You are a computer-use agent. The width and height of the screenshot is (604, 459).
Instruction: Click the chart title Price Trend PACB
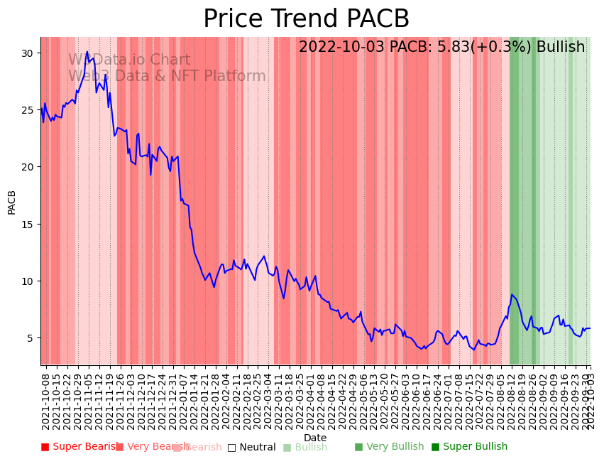coord(306,19)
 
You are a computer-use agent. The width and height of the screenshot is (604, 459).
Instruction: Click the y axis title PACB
coord(12,202)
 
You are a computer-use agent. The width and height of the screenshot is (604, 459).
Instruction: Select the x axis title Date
coord(315,438)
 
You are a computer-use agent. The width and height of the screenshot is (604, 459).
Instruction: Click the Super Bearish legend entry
coord(79,447)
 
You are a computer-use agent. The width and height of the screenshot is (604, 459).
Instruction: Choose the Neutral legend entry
coord(251,448)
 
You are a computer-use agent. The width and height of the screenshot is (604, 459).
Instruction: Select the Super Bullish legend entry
coord(469,447)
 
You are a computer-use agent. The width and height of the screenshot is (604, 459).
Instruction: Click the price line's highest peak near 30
coord(87,52)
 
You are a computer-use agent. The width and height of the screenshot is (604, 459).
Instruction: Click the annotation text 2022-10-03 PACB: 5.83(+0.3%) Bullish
coord(441,48)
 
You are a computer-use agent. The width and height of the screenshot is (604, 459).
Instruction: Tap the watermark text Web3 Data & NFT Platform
coord(167,77)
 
